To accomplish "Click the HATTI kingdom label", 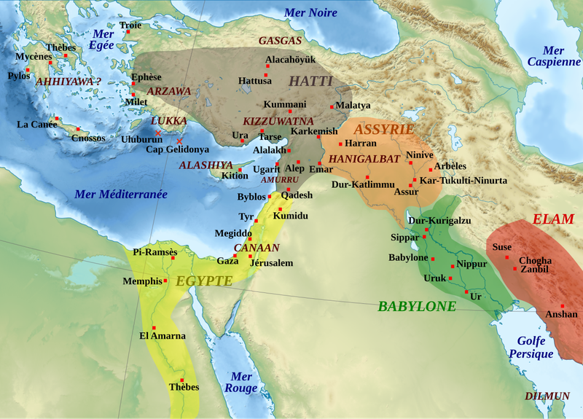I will (311, 81).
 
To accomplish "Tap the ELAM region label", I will (553, 219).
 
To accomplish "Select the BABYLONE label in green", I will (417, 306).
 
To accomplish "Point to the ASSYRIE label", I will (383, 129).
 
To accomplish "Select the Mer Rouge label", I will (243, 383).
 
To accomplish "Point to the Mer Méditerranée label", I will (121, 195).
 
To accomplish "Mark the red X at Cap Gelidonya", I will (179, 141).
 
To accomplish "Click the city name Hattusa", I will (255, 81).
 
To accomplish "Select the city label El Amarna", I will (163, 336).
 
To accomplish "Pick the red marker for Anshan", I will (562, 306).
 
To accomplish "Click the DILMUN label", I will (547, 396).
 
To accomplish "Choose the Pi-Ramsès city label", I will (155, 252).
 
